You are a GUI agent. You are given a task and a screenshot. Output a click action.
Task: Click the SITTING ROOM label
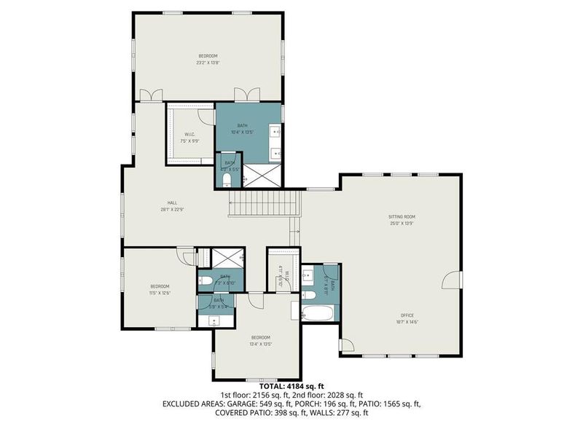click(x=401, y=216)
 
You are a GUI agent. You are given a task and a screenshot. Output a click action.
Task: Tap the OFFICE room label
click(x=407, y=315)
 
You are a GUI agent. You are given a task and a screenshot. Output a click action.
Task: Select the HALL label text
click(x=173, y=203)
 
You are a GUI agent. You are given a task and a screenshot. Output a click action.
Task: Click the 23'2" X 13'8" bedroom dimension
click(x=208, y=63)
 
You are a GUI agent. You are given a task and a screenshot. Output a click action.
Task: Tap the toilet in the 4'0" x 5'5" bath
click(x=227, y=177)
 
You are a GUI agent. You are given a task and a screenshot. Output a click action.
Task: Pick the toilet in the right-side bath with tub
click(x=309, y=275)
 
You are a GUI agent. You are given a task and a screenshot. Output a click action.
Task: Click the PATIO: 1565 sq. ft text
click(x=386, y=403)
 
